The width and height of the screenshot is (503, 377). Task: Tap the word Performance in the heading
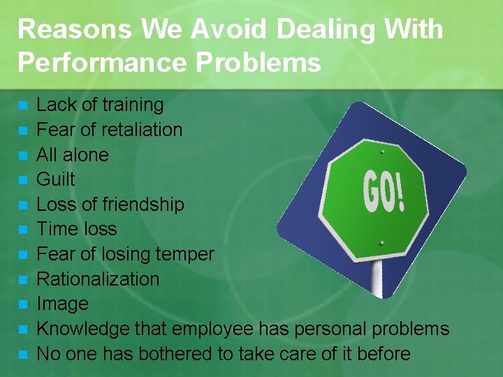tap(102, 62)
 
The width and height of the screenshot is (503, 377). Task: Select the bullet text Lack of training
tap(99, 105)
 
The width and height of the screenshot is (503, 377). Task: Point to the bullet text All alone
tap(72, 154)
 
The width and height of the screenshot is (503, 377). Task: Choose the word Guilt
tap(55, 179)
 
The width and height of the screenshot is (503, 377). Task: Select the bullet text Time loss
tap(76, 229)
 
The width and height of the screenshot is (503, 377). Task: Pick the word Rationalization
tap(98, 279)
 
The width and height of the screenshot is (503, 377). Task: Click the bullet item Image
tap(62, 304)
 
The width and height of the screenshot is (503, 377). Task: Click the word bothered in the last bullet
tap(175, 354)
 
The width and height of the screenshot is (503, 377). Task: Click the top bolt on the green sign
tap(382, 149)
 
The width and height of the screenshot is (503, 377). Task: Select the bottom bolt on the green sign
tap(383, 242)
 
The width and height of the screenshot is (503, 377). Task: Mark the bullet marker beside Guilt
tap(23, 180)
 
